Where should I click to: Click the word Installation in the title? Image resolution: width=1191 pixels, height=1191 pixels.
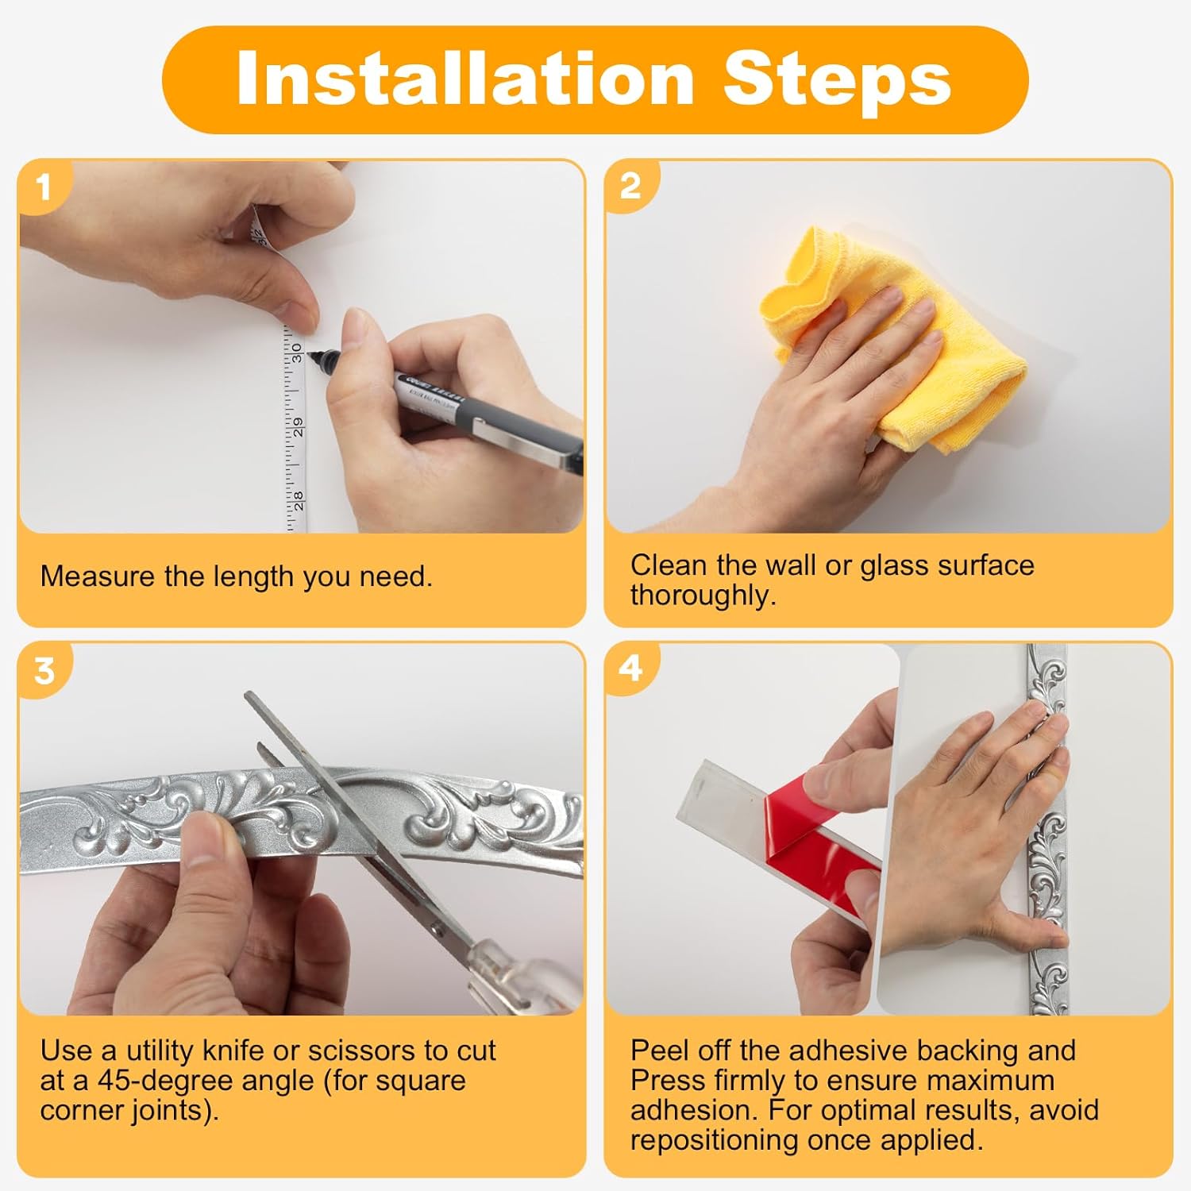(x=466, y=78)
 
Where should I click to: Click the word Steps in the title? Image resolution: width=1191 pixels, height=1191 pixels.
(x=838, y=78)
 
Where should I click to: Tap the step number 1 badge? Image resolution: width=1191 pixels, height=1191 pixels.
(x=44, y=187)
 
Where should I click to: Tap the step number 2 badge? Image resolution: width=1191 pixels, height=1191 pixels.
(x=630, y=187)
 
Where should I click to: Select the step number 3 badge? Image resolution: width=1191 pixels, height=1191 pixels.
(x=44, y=671)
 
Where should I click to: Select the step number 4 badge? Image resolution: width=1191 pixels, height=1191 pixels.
(x=630, y=669)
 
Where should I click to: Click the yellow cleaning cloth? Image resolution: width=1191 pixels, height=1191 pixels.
(x=889, y=341)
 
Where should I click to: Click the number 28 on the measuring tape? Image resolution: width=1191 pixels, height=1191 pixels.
(x=297, y=500)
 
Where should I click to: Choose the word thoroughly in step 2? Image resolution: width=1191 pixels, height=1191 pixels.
(x=703, y=595)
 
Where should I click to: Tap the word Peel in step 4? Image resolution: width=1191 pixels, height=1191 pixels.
(x=657, y=1050)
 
